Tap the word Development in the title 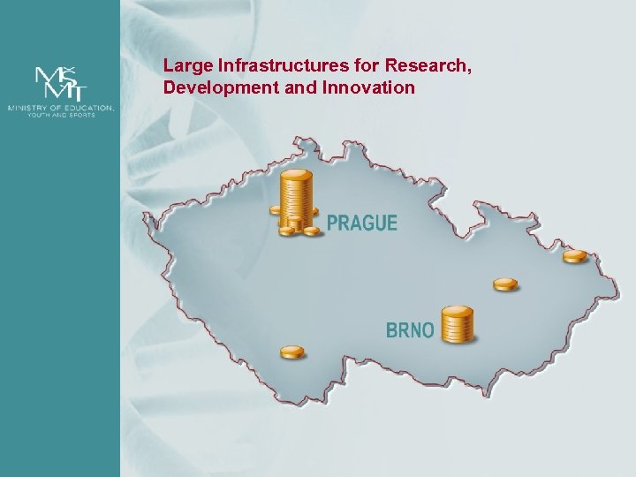(x=209, y=87)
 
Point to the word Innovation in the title (x=371, y=87)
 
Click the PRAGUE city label (x=362, y=223)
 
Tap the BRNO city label (x=410, y=330)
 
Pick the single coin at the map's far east (x=575, y=256)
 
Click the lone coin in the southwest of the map (x=292, y=352)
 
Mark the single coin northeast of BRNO (x=505, y=284)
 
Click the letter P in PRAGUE (x=333, y=223)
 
